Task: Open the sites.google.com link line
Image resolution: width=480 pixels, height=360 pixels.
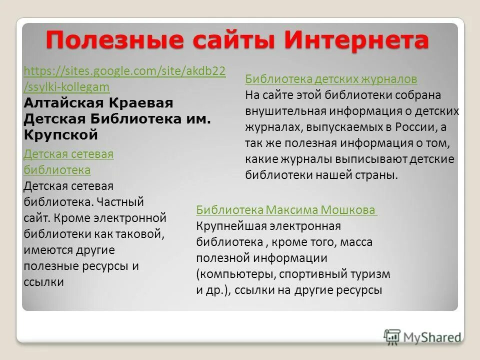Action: pyautogui.click(x=124, y=71)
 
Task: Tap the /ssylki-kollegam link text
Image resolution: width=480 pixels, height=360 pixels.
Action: pyautogui.click(x=66, y=87)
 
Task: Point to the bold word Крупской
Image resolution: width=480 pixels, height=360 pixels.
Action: pyautogui.click(x=60, y=135)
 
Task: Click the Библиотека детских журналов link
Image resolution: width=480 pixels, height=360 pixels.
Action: pyautogui.click(x=331, y=79)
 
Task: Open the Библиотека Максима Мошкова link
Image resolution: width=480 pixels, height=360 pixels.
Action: pyautogui.click(x=286, y=210)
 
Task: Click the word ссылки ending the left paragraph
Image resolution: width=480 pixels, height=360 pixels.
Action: pyautogui.click(x=44, y=282)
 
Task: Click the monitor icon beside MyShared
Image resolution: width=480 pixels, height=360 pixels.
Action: pyautogui.click(x=392, y=336)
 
